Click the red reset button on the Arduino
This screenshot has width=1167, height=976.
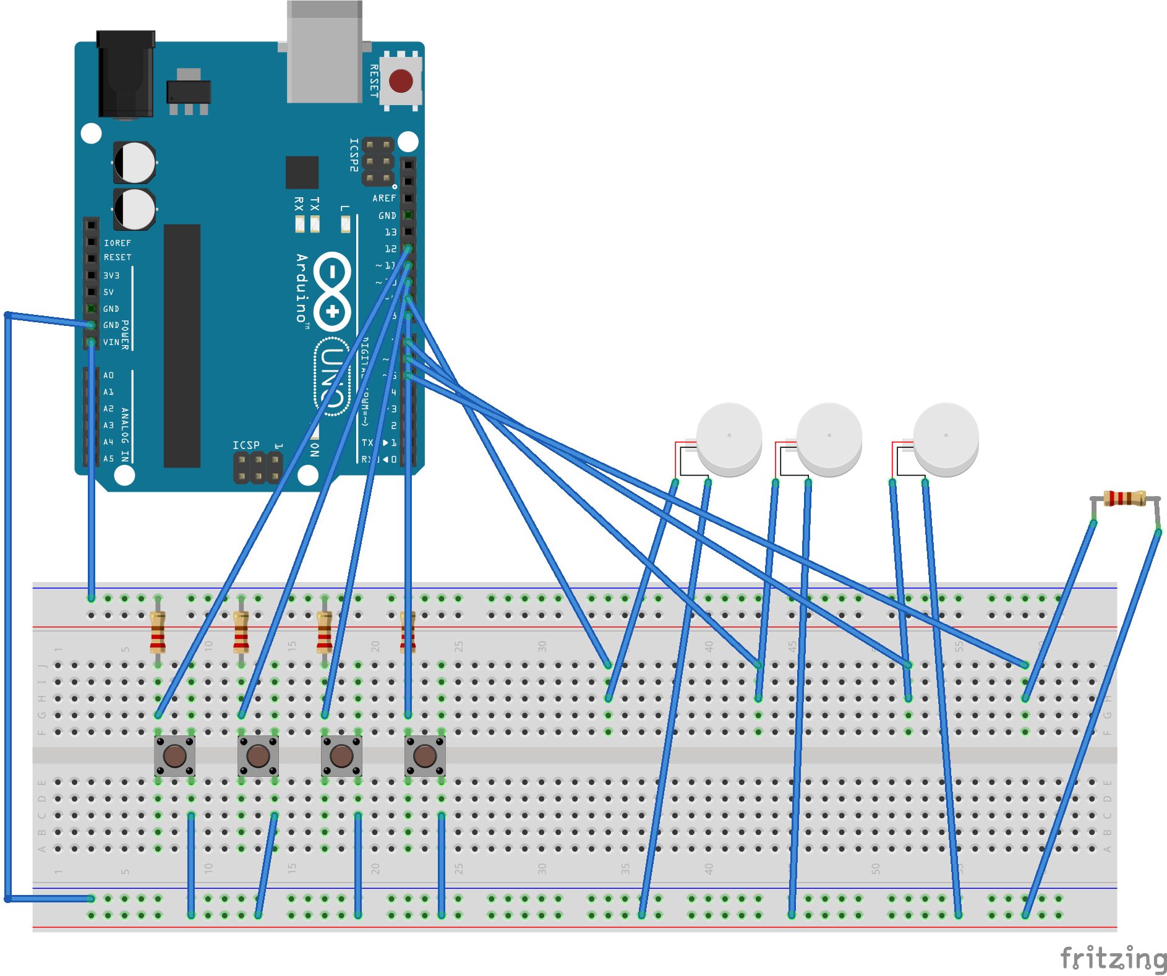click(x=401, y=81)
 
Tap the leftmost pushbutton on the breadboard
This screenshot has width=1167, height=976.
click(x=174, y=755)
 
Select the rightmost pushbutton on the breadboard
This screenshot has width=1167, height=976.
click(x=425, y=755)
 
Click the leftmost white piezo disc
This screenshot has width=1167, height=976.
click(x=729, y=438)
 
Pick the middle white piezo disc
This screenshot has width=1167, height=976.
click(x=829, y=438)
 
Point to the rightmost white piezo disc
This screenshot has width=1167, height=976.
click(x=946, y=438)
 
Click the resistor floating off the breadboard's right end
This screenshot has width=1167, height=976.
click(x=1125, y=498)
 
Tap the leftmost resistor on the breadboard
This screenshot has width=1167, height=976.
click(x=158, y=631)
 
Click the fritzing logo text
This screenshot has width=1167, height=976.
click(x=1113, y=959)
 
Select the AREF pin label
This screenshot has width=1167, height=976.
click(x=384, y=199)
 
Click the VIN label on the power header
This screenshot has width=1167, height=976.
click(x=111, y=342)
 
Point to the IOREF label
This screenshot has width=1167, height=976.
click(x=118, y=243)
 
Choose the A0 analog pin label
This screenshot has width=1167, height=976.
click(x=109, y=375)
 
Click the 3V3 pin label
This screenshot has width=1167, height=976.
click(x=111, y=275)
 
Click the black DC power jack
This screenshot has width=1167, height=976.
click(x=126, y=74)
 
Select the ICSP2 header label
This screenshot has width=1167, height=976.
click(x=354, y=155)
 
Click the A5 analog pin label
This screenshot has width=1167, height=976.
click(x=109, y=459)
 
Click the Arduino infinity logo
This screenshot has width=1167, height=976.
click(x=333, y=291)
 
